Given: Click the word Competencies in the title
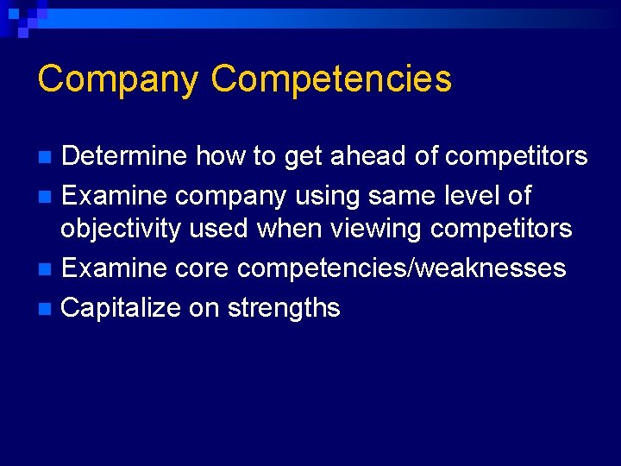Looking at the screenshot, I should click(x=331, y=79).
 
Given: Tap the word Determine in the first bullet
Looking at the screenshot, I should click(x=124, y=156).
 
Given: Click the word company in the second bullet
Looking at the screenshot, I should click(x=228, y=197).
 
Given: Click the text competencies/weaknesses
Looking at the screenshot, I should click(x=402, y=268).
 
